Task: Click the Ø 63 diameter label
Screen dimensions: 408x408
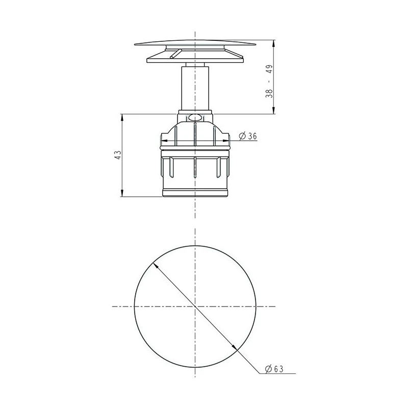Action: pyautogui.click(x=274, y=368)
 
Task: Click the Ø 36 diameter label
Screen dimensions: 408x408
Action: pyautogui.click(x=248, y=136)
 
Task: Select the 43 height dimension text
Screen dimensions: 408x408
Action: pyautogui.click(x=118, y=155)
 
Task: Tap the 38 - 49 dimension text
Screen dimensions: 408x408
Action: pyautogui.click(x=269, y=81)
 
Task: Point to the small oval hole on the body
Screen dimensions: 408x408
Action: pyautogui.click(x=195, y=118)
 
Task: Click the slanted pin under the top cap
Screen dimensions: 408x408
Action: pyautogui.click(x=174, y=54)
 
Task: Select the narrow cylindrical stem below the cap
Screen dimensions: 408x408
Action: pyautogui.click(x=195, y=88)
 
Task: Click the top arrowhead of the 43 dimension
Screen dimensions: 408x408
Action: pyautogui.click(x=121, y=117)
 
